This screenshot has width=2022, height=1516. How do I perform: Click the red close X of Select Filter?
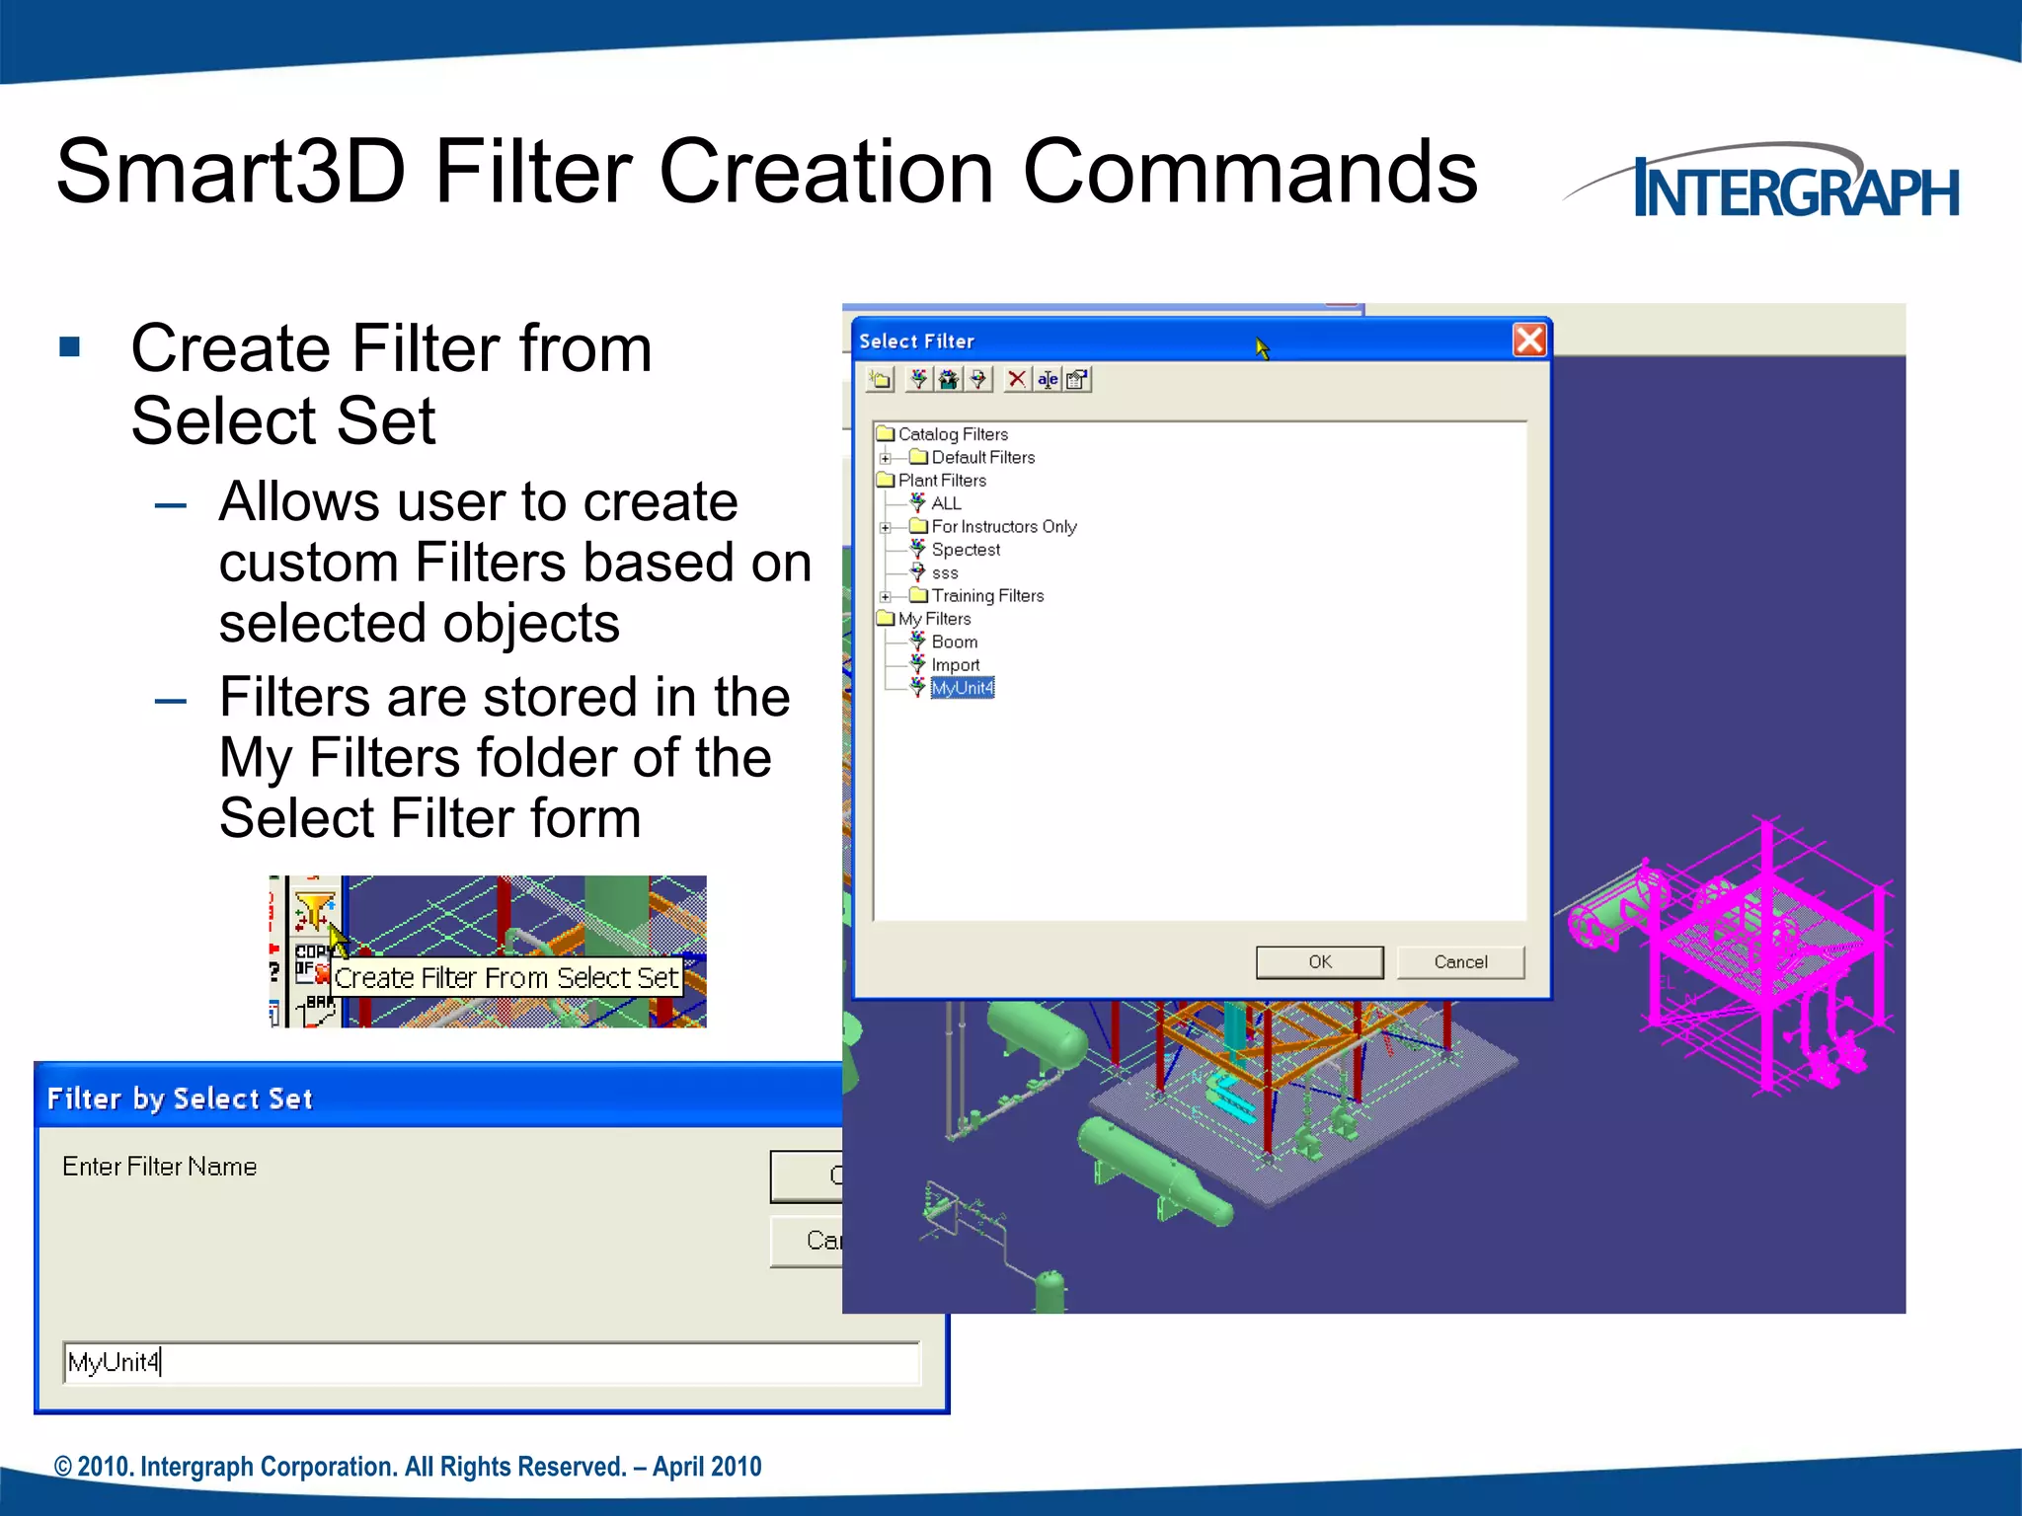1529,341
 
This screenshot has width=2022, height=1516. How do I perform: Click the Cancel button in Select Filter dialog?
1460,962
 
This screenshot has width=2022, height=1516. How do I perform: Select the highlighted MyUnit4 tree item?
962,688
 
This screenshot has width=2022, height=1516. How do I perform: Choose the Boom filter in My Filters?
953,642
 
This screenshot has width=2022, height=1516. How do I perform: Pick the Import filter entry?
955,665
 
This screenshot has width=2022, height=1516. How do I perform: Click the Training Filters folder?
986,596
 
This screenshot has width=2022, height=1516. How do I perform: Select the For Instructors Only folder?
1002,527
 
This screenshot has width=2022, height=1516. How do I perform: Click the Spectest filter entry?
965,550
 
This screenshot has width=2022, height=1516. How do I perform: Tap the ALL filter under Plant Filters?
945,503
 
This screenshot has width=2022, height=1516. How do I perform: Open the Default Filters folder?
982,458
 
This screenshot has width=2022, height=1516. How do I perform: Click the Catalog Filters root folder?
952,434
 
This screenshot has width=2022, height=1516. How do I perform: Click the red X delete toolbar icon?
1016,379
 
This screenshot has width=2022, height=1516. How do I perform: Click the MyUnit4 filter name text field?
491,1363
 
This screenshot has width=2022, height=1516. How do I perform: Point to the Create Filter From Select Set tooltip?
505,978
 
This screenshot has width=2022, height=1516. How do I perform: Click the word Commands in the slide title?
1249,172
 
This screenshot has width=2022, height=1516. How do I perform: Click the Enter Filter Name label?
159,1167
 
